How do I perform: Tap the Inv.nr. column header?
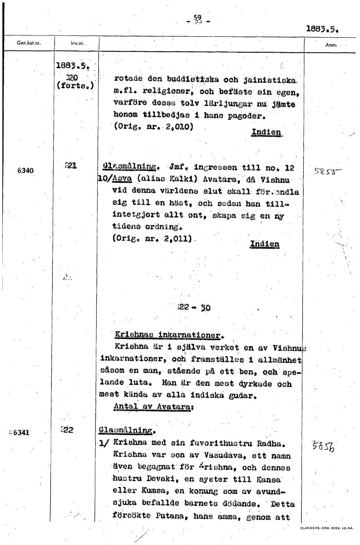click(x=76, y=44)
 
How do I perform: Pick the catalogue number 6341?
click(x=20, y=432)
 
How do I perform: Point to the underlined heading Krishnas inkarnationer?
click(x=167, y=337)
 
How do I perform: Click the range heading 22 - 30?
click(x=194, y=307)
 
